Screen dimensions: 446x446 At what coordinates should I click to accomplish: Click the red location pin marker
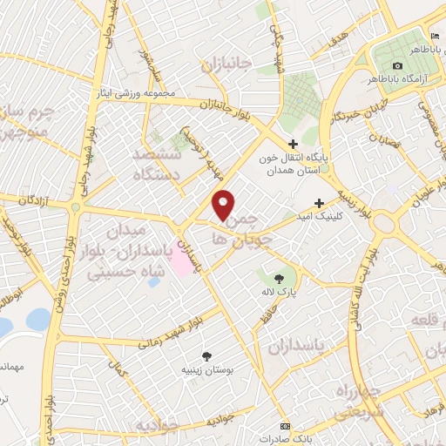(x=224, y=204)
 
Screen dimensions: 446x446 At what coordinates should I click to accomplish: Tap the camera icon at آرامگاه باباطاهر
(x=398, y=66)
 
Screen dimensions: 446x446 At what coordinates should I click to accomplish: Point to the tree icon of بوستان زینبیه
(x=206, y=355)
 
